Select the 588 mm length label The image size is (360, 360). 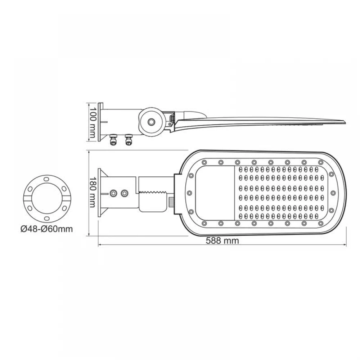click(x=222, y=241)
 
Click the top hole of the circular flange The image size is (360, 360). click(x=45, y=179)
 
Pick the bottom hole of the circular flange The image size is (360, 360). click(x=45, y=219)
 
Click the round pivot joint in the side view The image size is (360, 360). click(x=151, y=122)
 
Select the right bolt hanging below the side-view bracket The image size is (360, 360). click(x=128, y=140)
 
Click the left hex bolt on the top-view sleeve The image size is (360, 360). click(x=114, y=193)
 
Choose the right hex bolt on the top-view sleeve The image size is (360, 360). click(x=125, y=193)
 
